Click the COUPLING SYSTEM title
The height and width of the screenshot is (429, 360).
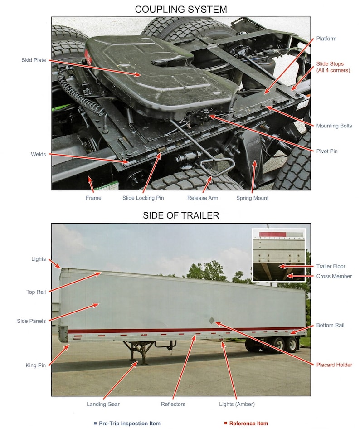pos(181,9)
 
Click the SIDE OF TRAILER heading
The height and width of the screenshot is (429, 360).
pos(181,215)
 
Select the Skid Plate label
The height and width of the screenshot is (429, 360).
pos(34,60)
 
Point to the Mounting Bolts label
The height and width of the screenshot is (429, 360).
pos(334,126)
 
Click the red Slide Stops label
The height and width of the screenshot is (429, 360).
pos(333,67)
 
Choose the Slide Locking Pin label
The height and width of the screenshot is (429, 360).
pos(143,198)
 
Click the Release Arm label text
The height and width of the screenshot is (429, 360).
pos(203,198)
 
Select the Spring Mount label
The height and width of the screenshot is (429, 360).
pos(252,198)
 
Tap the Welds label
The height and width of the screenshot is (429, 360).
pos(39,155)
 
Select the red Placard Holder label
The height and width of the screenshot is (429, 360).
pos(334,365)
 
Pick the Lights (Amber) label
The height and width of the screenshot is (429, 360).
pos(236,404)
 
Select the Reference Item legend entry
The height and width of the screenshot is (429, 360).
pos(248,424)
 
